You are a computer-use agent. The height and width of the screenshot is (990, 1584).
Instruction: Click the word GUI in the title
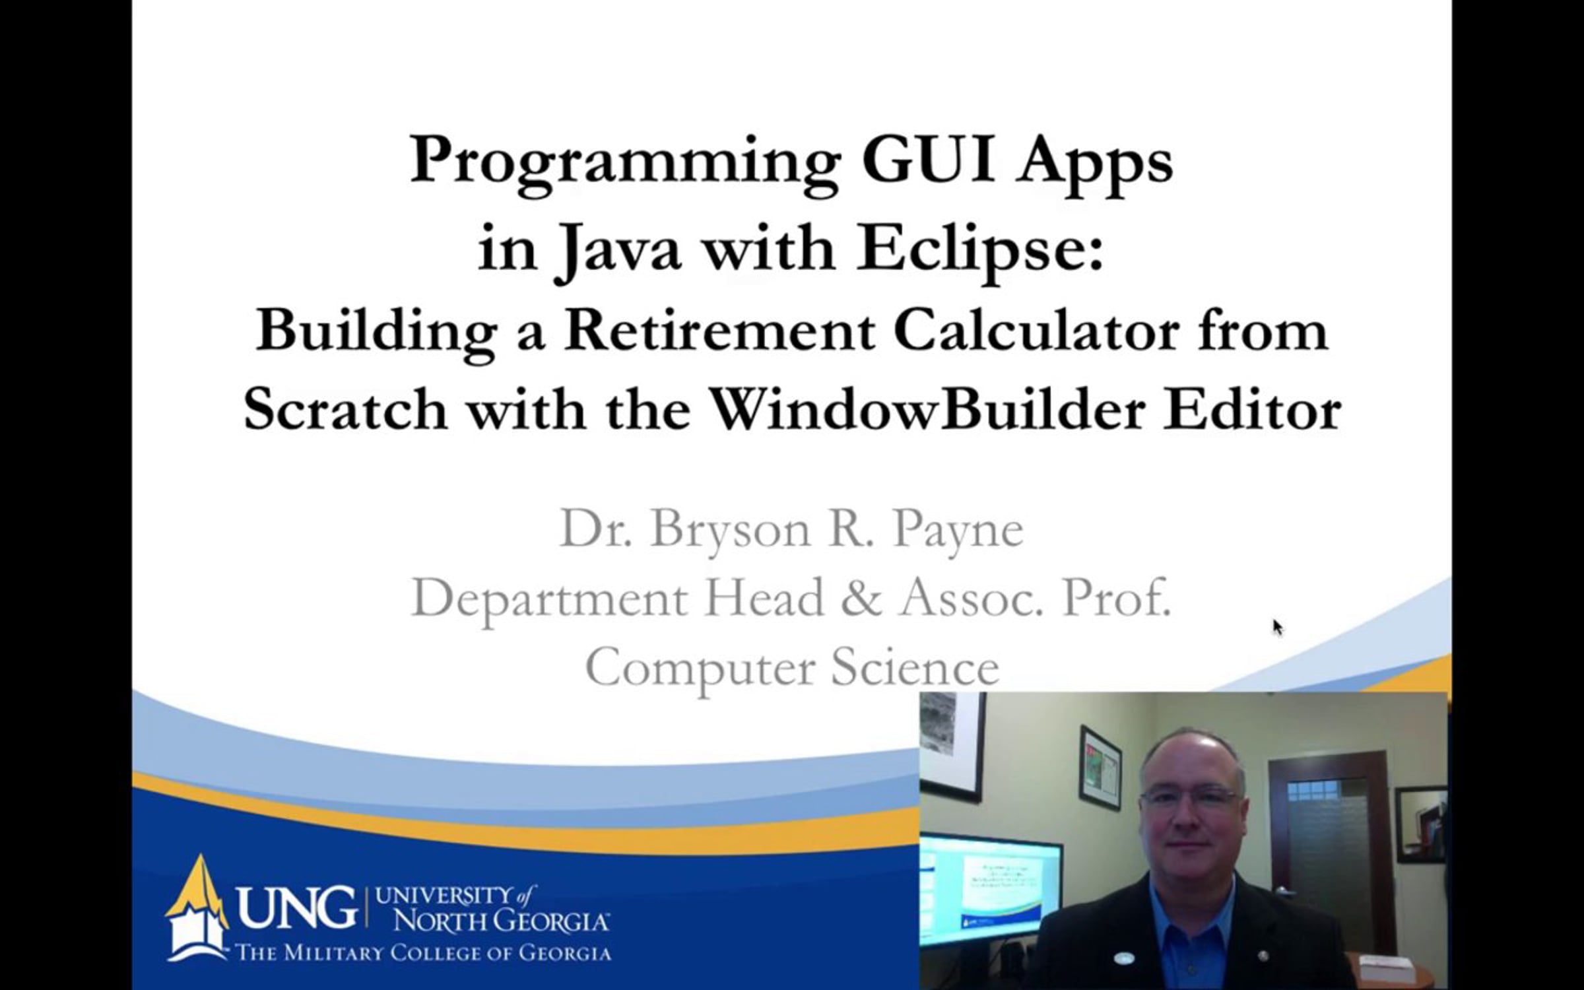(x=927, y=160)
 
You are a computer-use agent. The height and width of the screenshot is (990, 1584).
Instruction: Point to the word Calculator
(x=1037, y=331)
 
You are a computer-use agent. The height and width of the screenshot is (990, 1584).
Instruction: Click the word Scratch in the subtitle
(x=345, y=410)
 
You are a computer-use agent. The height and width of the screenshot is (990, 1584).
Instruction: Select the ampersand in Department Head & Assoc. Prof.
(x=862, y=598)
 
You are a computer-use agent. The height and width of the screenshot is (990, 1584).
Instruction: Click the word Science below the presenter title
(x=915, y=667)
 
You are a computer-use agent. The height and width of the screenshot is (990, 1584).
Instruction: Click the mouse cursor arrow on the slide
(x=1278, y=628)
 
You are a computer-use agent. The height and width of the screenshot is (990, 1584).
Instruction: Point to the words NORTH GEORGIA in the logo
(x=501, y=921)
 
